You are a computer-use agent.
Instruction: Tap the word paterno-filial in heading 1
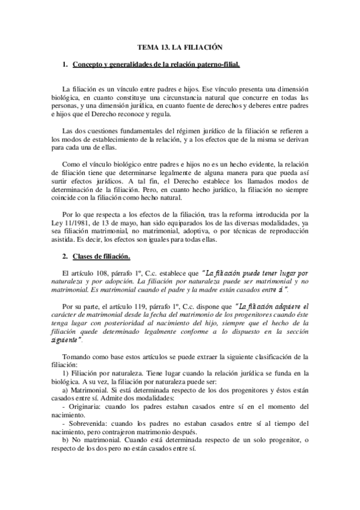(219, 63)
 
